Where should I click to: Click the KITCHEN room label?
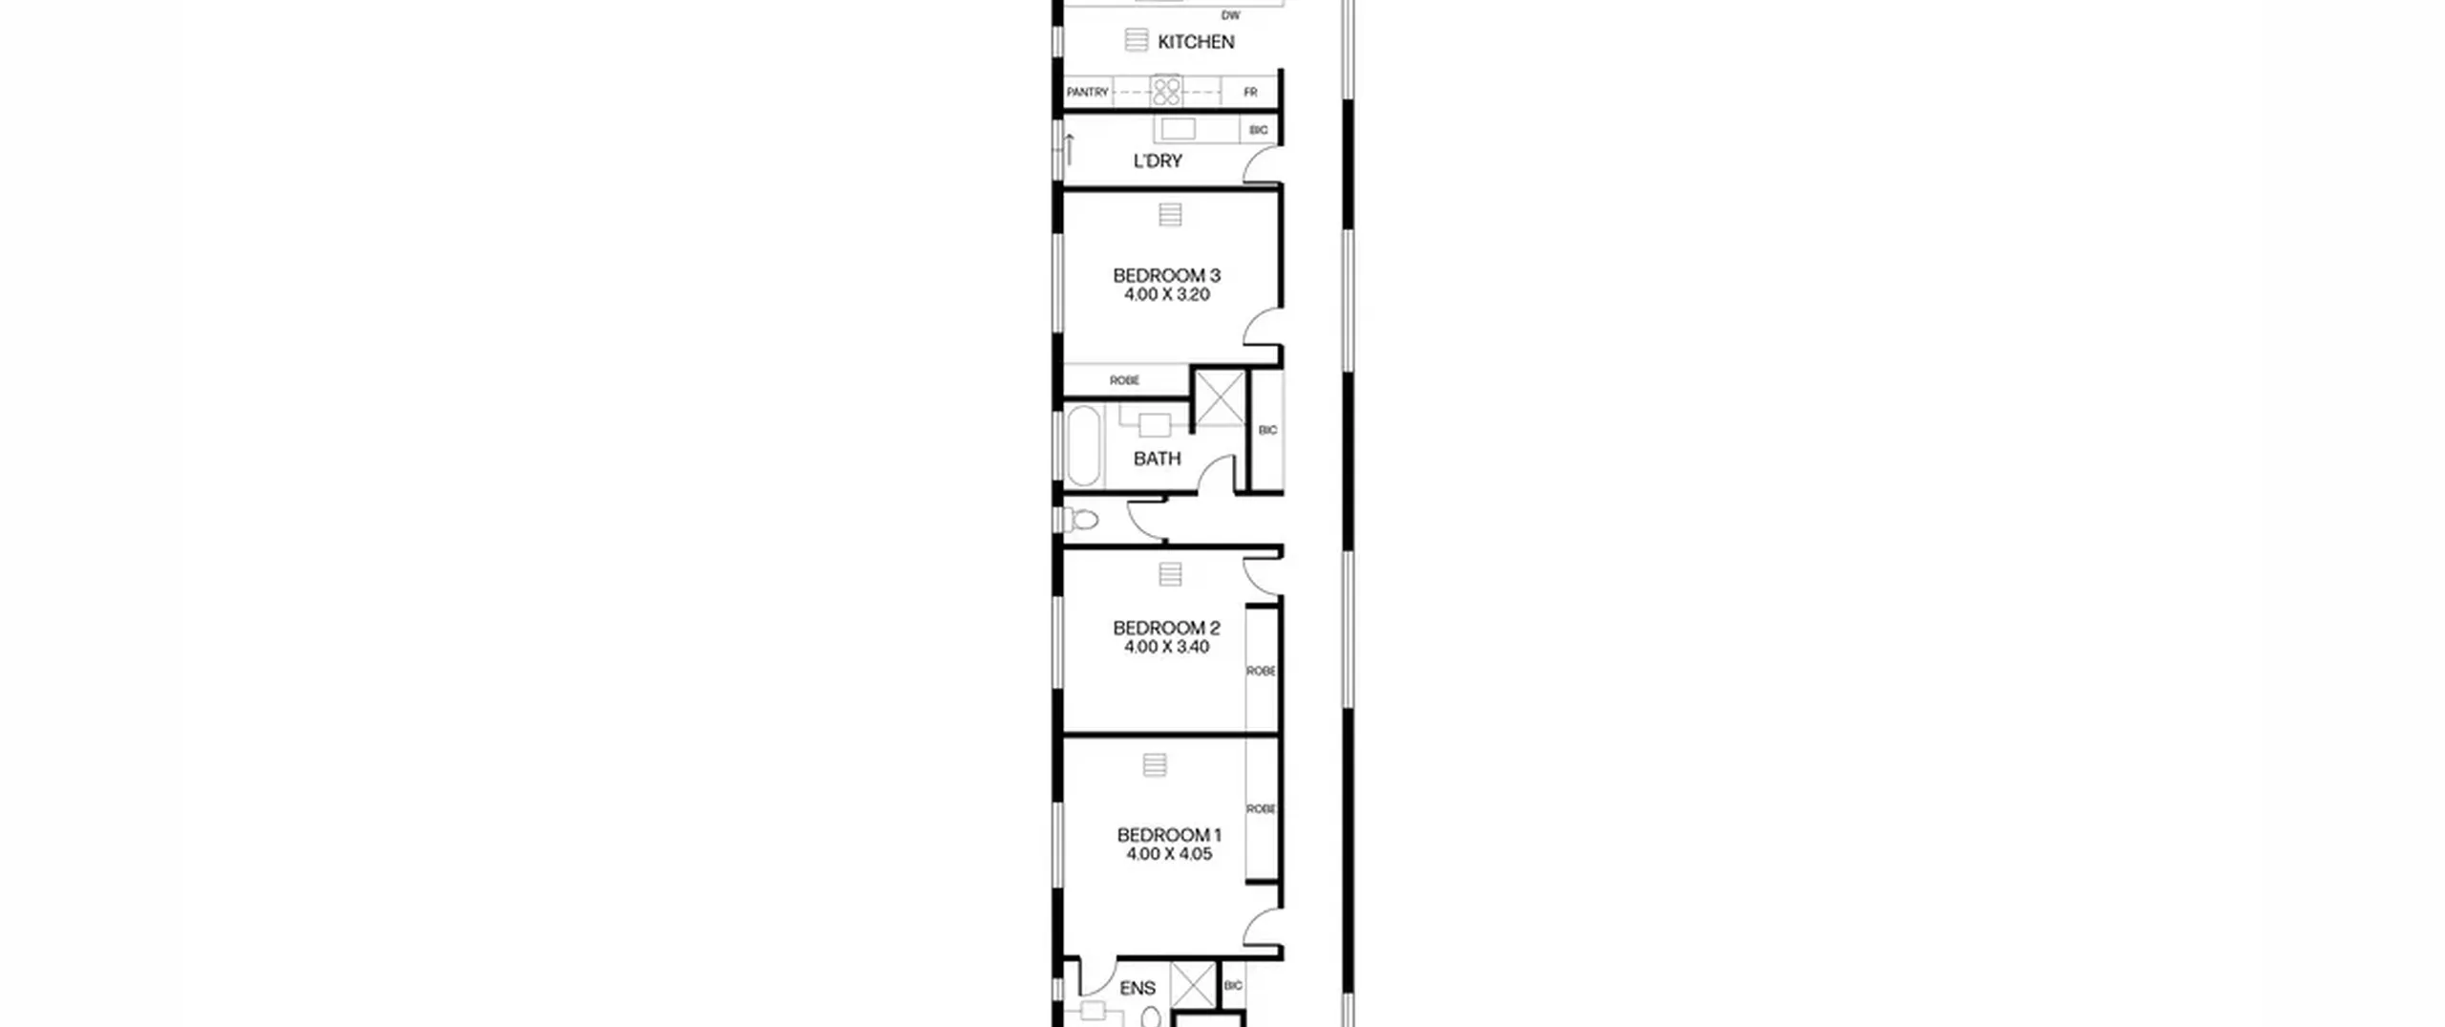pyautogui.click(x=1196, y=42)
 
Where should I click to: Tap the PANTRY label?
pyautogui.click(x=1088, y=93)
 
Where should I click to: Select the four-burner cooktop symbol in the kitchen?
pyautogui.click(x=1166, y=92)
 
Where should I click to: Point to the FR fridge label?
pyautogui.click(x=1250, y=93)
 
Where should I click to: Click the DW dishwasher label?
pyautogui.click(x=1231, y=16)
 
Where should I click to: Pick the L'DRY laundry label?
pyautogui.click(x=1158, y=161)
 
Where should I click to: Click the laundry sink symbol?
pyautogui.click(x=1178, y=128)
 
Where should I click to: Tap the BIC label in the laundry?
pyautogui.click(x=1259, y=130)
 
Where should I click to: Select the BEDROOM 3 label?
pyautogui.click(x=1166, y=275)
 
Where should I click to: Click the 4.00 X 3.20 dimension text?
pyautogui.click(x=1166, y=294)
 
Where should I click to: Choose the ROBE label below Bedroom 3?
pyautogui.click(x=1124, y=380)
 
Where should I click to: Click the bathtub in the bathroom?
pyautogui.click(x=1084, y=446)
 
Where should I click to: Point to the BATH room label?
pyautogui.click(x=1157, y=459)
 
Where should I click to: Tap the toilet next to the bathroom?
pyautogui.click(x=1081, y=521)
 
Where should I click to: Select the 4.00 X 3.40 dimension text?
pyautogui.click(x=1166, y=647)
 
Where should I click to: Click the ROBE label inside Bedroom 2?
pyautogui.click(x=1261, y=672)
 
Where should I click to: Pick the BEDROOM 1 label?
pyautogui.click(x=1169, y=835)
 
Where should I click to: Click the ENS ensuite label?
pyautogui.click(x=1137, y=988)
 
